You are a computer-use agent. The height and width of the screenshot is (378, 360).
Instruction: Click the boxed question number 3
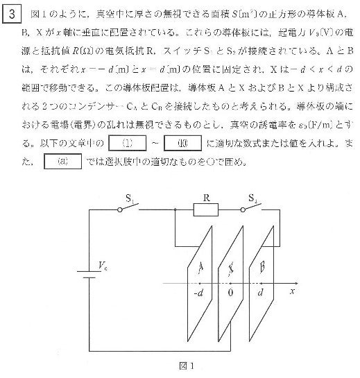11,11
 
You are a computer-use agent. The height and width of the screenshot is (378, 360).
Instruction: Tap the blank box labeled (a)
62,163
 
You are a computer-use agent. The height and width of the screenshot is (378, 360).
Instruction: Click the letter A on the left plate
201,267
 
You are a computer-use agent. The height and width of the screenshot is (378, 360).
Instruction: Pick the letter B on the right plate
263,267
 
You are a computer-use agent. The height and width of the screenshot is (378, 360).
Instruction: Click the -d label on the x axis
200,293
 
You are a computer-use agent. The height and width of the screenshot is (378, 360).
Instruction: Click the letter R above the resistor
205,196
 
